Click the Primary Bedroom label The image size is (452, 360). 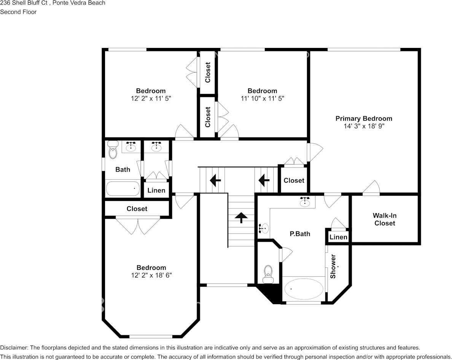[363, 118]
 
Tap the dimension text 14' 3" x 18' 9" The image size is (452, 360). [363, 126]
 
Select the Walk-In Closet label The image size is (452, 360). [385, 219]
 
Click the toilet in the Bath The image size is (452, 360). [113, 150]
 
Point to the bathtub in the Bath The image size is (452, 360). [123, 188]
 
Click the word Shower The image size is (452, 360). [333, 266]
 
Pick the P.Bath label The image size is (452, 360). [300, 234]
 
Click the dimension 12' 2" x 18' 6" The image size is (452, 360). [151, 275]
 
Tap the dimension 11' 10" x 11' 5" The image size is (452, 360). [262, 98]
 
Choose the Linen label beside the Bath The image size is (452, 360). [156, 190]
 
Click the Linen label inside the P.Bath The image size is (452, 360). [338, 237]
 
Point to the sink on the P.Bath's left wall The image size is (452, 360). [264, 228]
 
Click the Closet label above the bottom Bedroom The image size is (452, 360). [137, 209]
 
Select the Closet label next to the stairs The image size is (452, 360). [294, 180]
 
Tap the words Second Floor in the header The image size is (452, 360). [18, 12]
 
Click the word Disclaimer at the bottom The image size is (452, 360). [13, 347]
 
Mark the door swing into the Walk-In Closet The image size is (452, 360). [372, 188]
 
